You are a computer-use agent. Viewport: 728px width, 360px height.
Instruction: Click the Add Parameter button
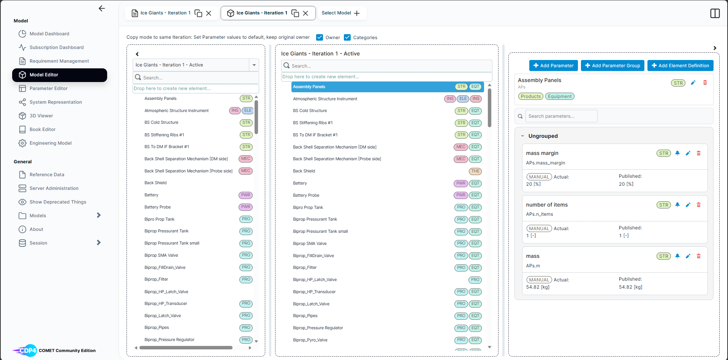pyautogui.click(x=554, y=66)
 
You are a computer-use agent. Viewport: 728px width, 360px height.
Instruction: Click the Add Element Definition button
pyautogui.click(x=680, y=66)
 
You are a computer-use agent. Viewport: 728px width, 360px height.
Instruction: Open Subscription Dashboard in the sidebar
pyautogui.click(x=57, y=47)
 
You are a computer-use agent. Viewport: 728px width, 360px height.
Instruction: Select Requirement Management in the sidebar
pyautogui.click(x=59, y=61)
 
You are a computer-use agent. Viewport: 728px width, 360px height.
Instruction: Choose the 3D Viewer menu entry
pyautogui.click(x=41, y=116)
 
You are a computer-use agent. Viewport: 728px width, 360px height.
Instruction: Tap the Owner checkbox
pyautogui.click(x=320, y=37)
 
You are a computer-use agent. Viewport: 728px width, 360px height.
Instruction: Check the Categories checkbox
pyautogui.click(x=347, y=37)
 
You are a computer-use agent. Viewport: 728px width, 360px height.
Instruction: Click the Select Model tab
pyautogui.click(x=341, y=13)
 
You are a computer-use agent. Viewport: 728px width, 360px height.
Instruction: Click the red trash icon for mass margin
pyautogui.click(x=698, y=153)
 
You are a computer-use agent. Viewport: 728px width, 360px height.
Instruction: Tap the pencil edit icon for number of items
pyautogui.click(x=688, y=205)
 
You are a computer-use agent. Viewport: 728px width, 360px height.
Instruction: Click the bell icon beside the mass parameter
pyautogui.click(x=677, y=256)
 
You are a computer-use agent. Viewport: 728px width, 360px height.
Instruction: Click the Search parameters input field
pyautogui.click(x=561, y=116)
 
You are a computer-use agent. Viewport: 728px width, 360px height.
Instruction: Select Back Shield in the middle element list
pyautogui.click(x=304, y=171)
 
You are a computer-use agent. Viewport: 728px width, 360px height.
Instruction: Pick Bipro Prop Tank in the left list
pyautogui.click(x=159, y=219)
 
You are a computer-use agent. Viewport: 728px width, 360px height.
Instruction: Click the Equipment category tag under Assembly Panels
pyautogui.click(x=560, y=96)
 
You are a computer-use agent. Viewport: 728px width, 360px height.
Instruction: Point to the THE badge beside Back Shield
pyautogui.click(x=475, y=171)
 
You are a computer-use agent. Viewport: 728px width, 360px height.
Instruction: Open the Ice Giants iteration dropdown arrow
pyautogui.click(x=254, y=65)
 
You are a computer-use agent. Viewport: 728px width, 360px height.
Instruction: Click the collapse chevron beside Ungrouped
pyautogui.click(x=522, y=136)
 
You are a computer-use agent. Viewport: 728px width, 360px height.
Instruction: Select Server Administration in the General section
pyautogui.click(x=54, y=188)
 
